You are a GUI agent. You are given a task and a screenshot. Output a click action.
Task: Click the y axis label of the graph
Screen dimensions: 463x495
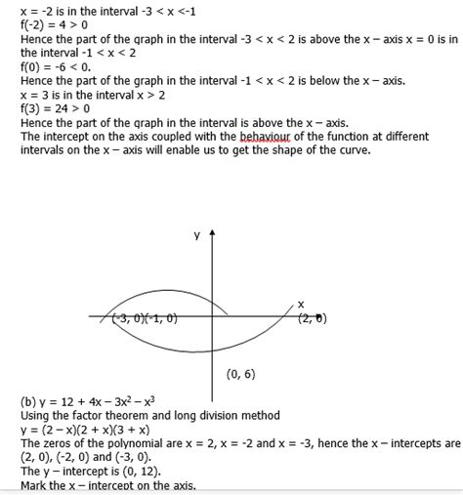point(196,235)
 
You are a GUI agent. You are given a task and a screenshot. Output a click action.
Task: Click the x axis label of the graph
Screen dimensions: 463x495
point(301,304)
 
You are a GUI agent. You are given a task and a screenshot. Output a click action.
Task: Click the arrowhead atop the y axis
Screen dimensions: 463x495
point(212,233)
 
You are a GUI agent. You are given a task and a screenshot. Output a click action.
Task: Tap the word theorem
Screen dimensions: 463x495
point(146,415)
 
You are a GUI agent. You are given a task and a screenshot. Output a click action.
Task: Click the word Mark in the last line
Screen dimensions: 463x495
point(35,484)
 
